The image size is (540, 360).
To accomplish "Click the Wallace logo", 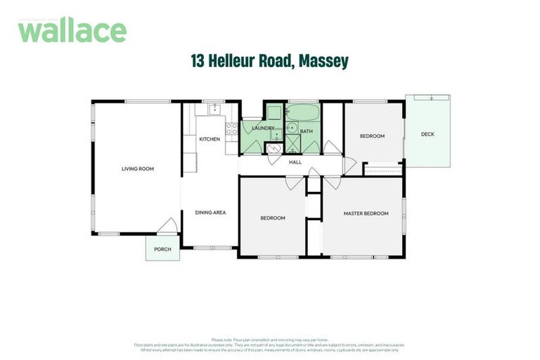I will [72, 31].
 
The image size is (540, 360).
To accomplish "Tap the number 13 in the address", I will [198, 62].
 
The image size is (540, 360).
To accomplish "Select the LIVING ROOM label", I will [137, 169].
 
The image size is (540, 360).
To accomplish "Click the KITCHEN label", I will [210, 139].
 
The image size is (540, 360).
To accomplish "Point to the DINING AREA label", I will [210, 212].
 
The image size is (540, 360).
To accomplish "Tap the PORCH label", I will [162, 249].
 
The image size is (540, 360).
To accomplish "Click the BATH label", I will [307, 131].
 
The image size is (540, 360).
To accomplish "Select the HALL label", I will [295, 162].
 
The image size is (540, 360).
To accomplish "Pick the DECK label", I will [427, 134].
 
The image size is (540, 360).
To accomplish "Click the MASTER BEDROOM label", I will [366, 213].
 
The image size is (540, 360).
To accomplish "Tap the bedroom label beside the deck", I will [372, 136].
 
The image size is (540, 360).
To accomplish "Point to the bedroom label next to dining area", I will [273, 218].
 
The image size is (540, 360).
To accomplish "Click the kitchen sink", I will [214, 109].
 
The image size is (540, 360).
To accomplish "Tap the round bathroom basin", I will [291, 127].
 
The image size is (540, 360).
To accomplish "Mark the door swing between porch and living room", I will [167, 226].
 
